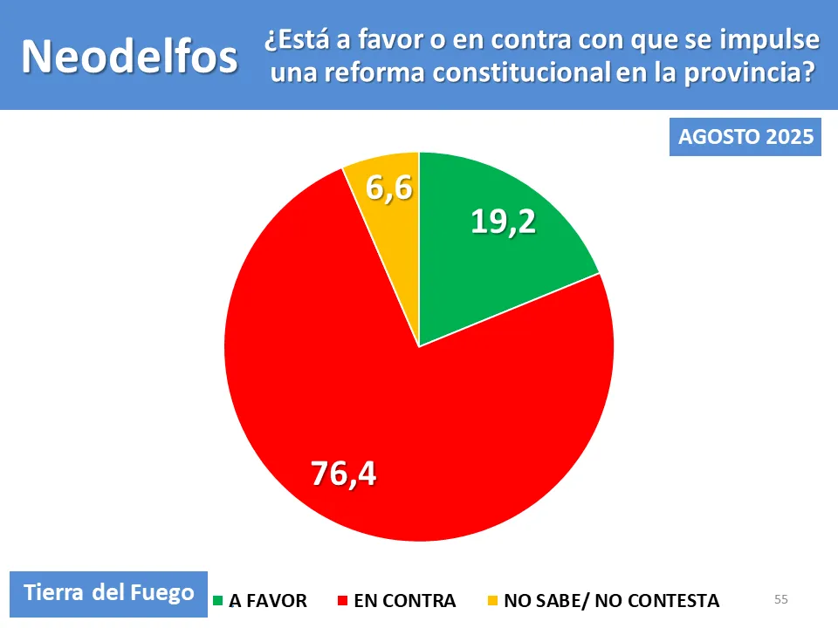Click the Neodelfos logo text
(129, 57)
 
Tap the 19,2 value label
(503, 222)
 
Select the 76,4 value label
(343, 473)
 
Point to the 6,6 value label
(388, 188)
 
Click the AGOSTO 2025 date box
(745, 138)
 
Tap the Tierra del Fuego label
(109, 593)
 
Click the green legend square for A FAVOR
(218, 601)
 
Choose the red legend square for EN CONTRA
(343, 601)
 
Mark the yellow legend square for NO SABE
(493, 601)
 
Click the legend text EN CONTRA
(405, 601)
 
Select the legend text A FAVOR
(268, 601)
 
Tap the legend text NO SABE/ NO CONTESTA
(612, 601)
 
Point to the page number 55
(780, 599)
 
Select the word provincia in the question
(738, 74)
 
